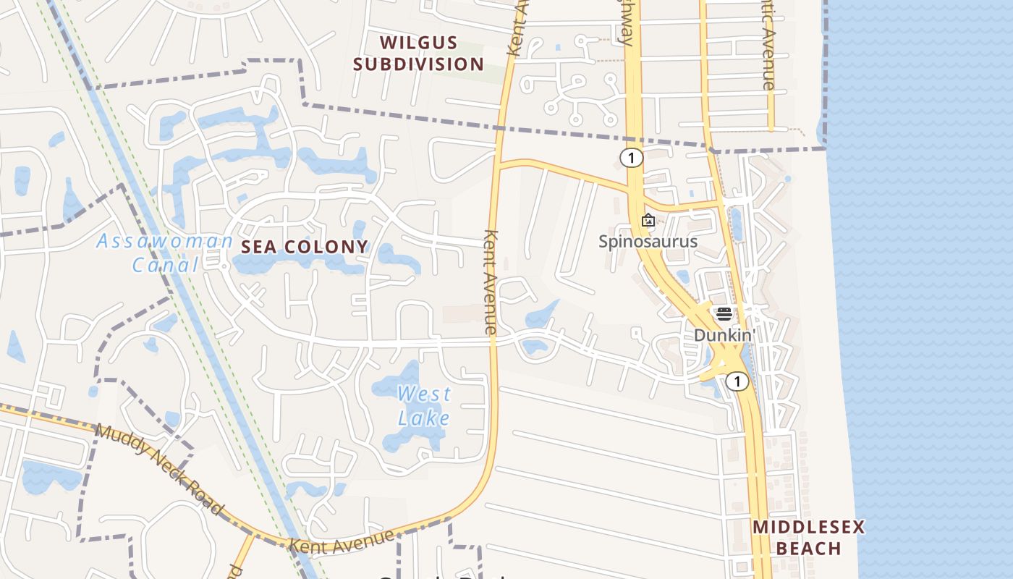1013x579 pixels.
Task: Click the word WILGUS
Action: pyautogui.click(x=419, y=43)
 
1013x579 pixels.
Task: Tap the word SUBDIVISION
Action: pyautogui.click(x=419, y=64)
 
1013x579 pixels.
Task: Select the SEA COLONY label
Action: pyautogui.click(x=305, y=247)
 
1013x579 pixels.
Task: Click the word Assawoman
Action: pyautogui.click(x=165, y=241)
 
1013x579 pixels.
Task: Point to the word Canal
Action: pyautogui.click(x=165, y=265)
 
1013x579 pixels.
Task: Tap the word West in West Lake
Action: pyautogui.click(x=424, y=394)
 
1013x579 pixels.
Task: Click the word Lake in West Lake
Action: pyautogui.click(x=424, y=418)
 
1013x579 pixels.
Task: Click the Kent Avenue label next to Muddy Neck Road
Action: pyautogui.click(x=342, y=540)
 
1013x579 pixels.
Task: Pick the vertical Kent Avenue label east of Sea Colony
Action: pyautogui.click(x=491, y=282)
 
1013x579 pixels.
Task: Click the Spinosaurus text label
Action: pyautogui.click(x=648, y=241)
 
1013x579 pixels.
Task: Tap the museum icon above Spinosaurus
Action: pyautogui.click(x=648, y=220)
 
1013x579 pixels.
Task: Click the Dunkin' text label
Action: pyautogui.click(x=724, y=335)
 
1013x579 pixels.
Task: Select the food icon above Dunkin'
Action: pyautogui.click(x=724, y=314)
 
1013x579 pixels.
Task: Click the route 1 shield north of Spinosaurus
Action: pyautogui.click(x=632, y=158)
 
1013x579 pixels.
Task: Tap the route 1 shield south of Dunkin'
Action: pyautogui.click(x=737, y=381)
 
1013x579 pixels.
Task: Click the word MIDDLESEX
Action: pyautogui.click(x=809, y=527)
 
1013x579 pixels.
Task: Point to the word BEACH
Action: pyautogui.click(x=809, y=549)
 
